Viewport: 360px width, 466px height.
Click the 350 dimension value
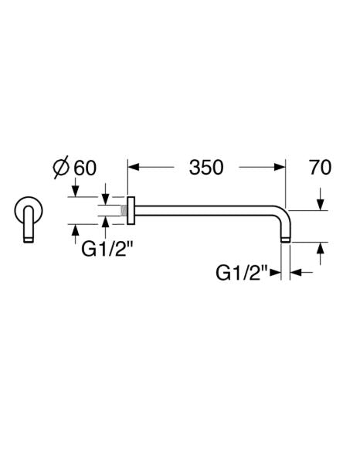(x=206, y=168)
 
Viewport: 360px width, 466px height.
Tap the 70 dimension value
(x=320, y=168)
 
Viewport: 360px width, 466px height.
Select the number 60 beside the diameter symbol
(x=85, y=168)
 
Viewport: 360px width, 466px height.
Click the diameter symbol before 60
(x=61, y=168)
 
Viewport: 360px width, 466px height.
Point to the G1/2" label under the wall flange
(x=107, y=250)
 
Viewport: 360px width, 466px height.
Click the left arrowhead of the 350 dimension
(x=133, y=167)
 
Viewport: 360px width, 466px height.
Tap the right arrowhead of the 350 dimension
(x=280, y=167)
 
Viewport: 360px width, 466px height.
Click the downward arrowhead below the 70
(x=320, y=204)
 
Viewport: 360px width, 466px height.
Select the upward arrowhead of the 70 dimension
(x=320, y=248)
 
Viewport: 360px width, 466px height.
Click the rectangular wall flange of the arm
(x=131, y=210)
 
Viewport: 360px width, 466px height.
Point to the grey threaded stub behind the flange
(x=124, y=210)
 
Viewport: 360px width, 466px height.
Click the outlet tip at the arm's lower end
(x=285, y=240)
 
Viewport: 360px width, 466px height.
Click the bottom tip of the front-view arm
(x=29, y=240)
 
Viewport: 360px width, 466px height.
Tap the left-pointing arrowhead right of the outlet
(x=296, y=272)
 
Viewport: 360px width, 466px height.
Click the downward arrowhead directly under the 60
(x=76, y=191)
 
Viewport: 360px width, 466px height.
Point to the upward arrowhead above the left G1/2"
(x=105, y=222)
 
